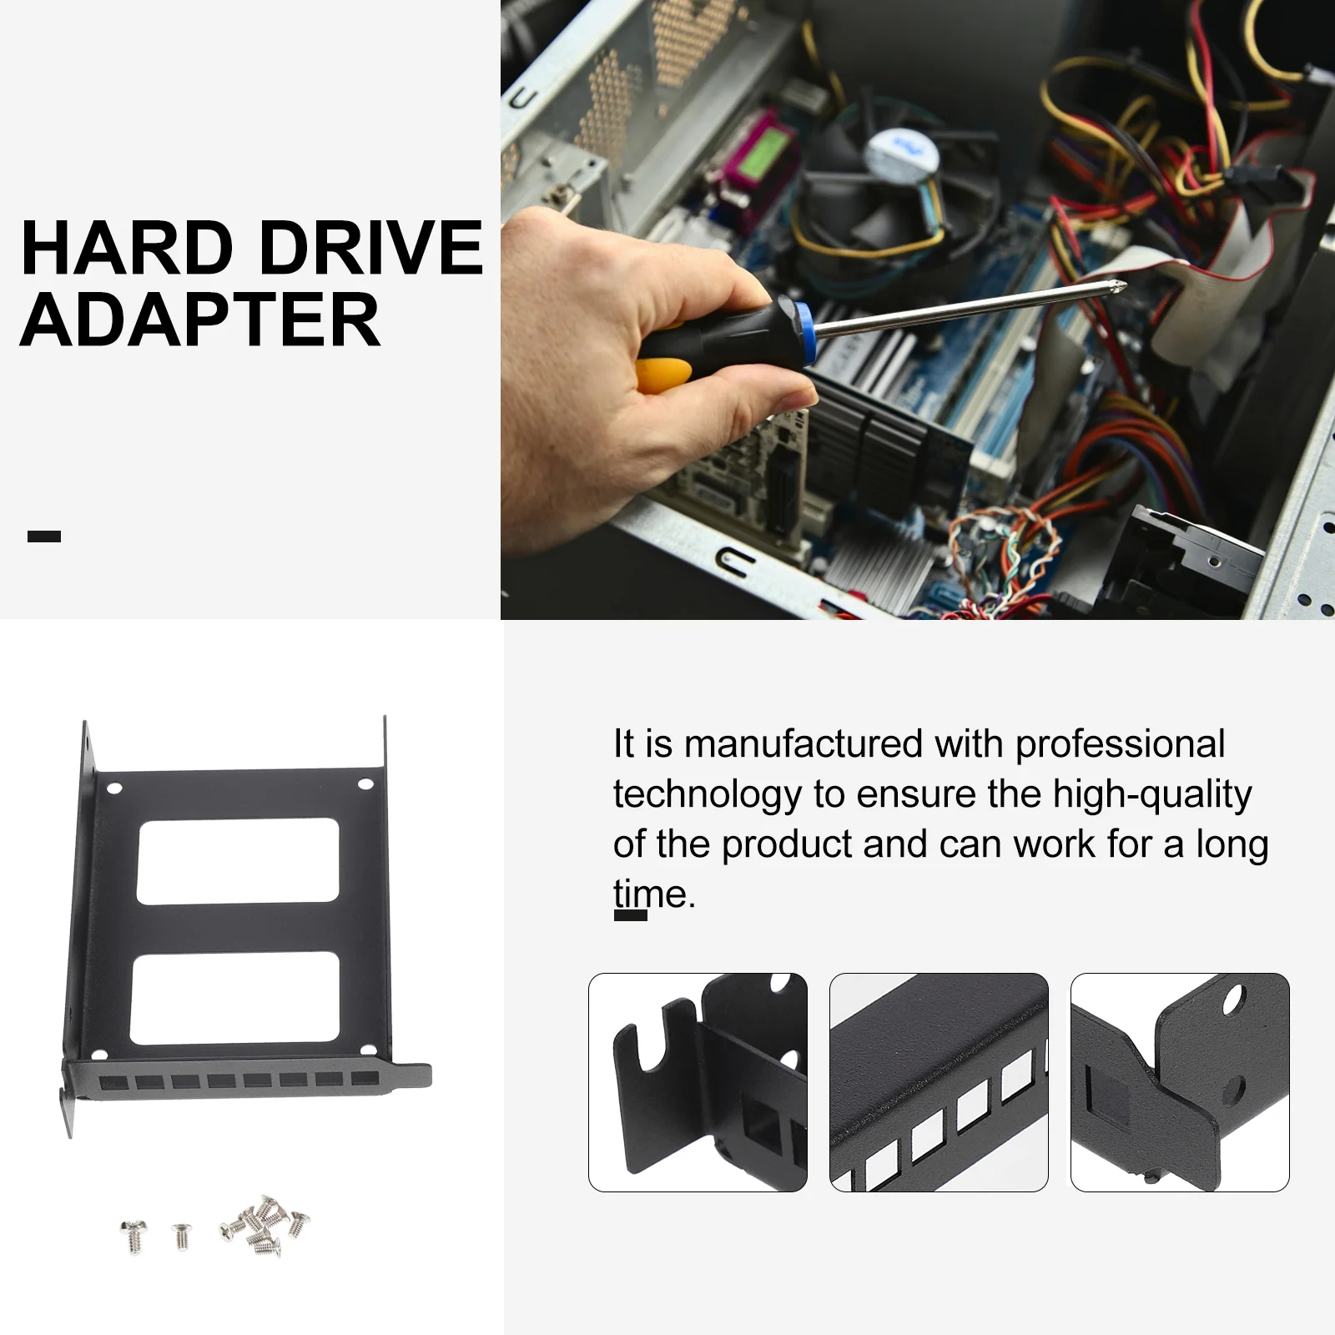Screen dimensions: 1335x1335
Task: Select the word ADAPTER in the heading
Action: coord(200,320)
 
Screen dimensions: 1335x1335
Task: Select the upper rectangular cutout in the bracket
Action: coord(238,861)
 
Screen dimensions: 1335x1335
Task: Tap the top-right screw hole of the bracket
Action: coord(365,784)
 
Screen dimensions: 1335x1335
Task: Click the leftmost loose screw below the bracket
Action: coord(133,1236)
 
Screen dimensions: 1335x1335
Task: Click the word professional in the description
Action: coord(1120,745)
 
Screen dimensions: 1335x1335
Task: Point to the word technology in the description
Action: coord(707,795)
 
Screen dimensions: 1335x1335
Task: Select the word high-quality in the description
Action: coord(1152,795)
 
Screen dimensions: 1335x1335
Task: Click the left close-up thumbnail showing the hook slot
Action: coord(698,1082)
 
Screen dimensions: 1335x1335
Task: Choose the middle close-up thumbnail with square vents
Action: coord(939,1082)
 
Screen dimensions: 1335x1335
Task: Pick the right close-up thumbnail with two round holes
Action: coord(1180,1082)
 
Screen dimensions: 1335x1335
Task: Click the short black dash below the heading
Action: coord(44,537)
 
